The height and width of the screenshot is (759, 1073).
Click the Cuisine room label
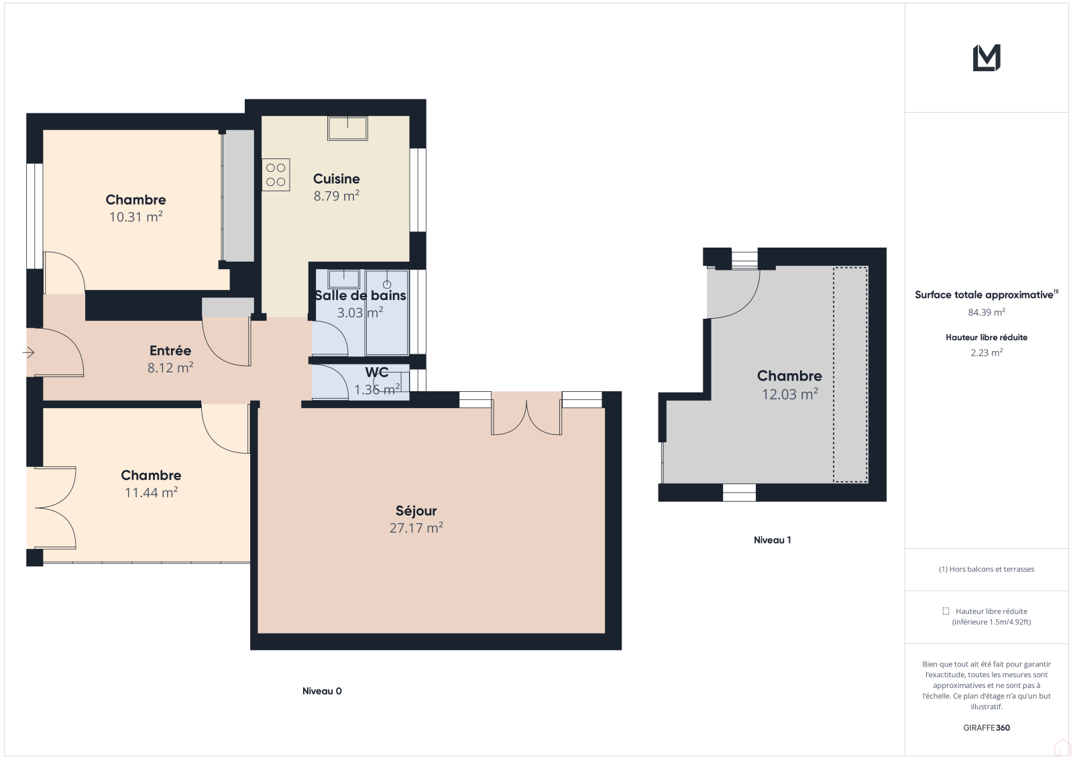tap(336, 179)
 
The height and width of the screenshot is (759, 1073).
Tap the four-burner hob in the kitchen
tap(276, 174)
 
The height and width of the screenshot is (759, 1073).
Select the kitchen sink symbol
tap(348, 128)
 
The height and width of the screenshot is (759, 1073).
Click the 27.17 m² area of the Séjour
tap(416, 528)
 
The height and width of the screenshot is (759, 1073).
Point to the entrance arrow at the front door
tap(29, 353)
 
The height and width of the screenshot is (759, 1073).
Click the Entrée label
tap(170, 350)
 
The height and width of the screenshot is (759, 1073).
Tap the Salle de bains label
tap(360, 295)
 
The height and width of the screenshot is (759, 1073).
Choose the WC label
tap(376, 372)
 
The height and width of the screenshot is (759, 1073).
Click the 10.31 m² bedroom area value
tap(136, 217)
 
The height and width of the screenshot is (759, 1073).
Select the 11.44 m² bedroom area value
tap(152, 493)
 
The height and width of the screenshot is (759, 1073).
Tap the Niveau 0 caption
tap(322, 691)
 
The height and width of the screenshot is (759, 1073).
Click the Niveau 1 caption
tap(772, 540)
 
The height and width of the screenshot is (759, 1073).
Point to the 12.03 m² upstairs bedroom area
tap(790, 394)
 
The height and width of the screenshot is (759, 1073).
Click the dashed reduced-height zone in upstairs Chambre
tap(850, 374)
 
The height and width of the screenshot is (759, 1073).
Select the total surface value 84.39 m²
tap(986, 312)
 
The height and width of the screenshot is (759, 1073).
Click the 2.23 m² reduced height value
tap(986, 352)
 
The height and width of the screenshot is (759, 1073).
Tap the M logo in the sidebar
tap(986, 58)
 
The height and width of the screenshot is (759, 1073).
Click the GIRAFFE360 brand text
tap(986, 727)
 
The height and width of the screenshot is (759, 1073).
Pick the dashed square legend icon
tap(946, 611)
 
